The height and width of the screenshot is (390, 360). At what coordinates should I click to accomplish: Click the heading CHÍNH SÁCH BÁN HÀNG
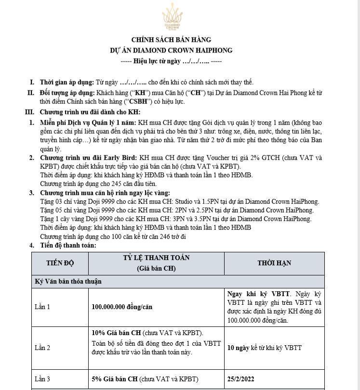click(x=171, y=40)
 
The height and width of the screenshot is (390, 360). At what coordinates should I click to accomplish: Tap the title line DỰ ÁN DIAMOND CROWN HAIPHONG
click(x=171, y=50)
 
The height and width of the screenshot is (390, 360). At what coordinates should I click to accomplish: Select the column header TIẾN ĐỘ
click(x=60, y=263)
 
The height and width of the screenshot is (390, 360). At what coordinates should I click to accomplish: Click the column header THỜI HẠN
click(x=274, y=263)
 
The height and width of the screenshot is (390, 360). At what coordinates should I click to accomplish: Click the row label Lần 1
click(x=42, y=307)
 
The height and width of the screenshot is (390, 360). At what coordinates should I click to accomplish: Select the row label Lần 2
click(x=42, y=348)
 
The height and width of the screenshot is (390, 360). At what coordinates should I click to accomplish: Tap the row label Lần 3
click(x=42, y=379)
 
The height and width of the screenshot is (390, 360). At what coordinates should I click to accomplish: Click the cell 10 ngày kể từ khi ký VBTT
click(x=265, y=348)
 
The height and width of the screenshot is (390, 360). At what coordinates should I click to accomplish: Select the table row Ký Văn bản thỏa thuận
click(x=68, y=281)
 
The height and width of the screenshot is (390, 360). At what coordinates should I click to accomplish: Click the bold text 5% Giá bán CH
click(x=114, y=379)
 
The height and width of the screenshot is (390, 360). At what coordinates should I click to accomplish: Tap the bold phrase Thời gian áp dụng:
click(x=67, y=82)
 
